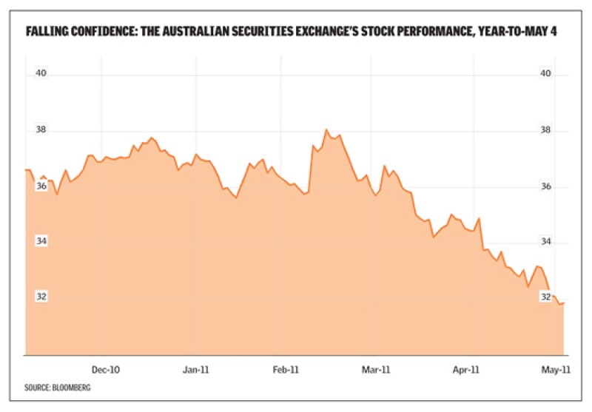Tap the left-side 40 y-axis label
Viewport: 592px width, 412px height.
(42, 74)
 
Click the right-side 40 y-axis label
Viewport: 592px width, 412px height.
(546, 74)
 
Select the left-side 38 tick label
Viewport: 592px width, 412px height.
(42, 130)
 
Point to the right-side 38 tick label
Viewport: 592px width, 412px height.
(546, 131)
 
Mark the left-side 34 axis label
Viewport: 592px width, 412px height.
(42, 241)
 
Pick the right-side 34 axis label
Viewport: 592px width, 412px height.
(546, 242)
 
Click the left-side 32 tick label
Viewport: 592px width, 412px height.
(42, 297)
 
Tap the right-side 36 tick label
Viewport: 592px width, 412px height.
(546, 186)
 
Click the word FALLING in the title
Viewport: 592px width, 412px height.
(48, 33)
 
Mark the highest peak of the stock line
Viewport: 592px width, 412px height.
(326, 130)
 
